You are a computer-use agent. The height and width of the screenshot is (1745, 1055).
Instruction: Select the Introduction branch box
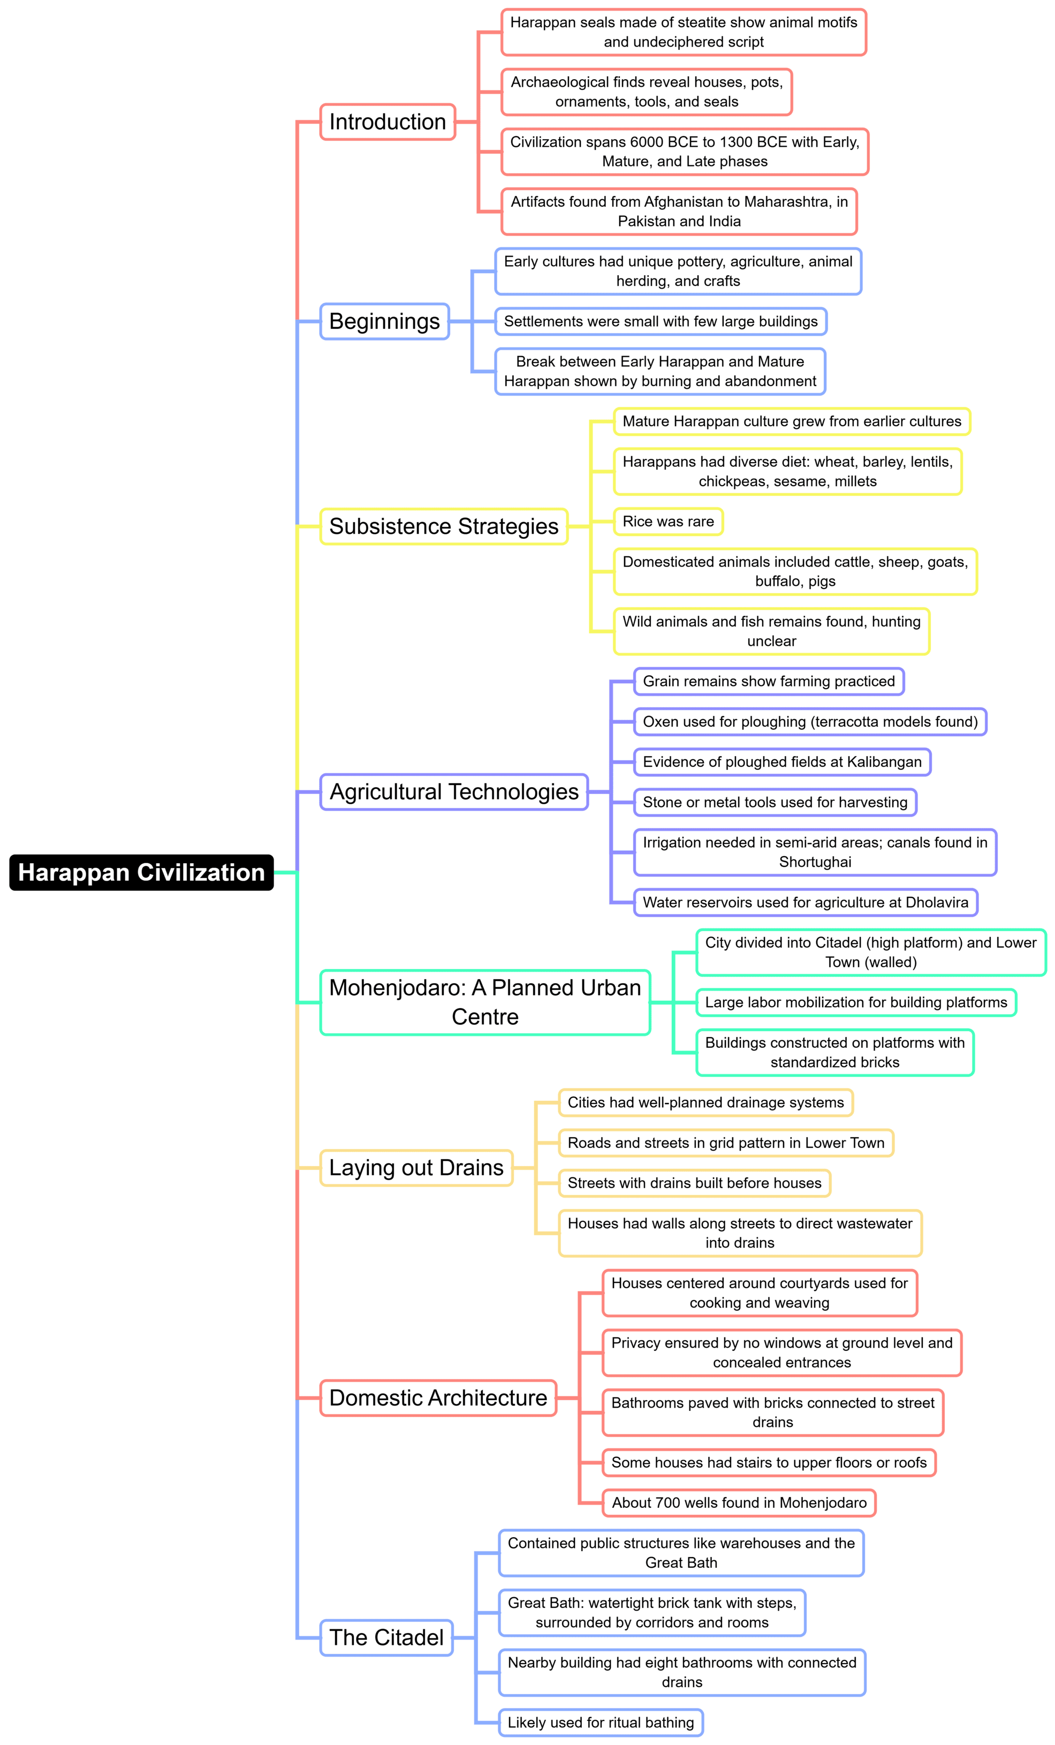(388, 122)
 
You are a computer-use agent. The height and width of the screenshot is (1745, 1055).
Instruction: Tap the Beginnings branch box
(384, 321)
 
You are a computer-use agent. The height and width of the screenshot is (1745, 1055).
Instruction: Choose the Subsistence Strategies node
(443, 526)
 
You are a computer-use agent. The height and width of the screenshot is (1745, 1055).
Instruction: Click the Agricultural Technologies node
(454, 792)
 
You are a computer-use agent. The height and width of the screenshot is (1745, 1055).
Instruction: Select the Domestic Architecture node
(438, 1397)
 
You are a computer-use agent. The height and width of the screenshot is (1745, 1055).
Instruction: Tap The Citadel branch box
(386, 1637)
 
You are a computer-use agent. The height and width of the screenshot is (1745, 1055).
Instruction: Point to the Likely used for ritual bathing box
(601, 1723)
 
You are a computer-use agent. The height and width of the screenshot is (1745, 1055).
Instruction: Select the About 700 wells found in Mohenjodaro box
(739, 1503)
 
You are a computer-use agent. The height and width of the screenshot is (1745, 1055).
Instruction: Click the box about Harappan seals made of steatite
(684, 33)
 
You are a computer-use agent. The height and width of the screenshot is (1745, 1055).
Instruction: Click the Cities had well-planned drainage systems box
(705, 1102)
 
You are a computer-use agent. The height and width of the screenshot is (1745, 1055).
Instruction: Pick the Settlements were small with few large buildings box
(661, 321)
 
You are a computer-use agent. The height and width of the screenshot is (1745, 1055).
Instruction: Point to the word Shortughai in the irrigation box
(815, 862)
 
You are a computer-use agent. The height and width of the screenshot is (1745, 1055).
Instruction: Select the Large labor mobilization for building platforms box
(855, 1002)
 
